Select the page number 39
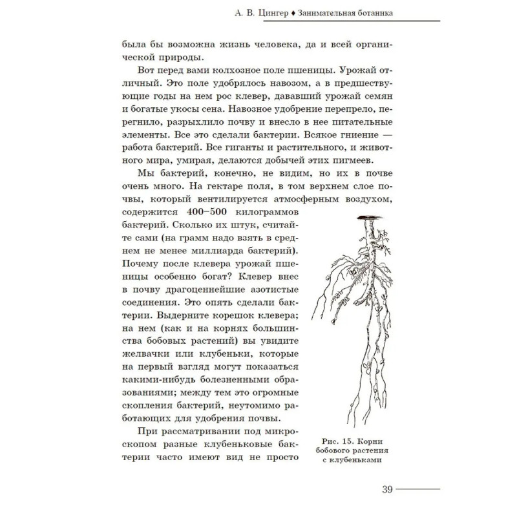click(x=388, y=489)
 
